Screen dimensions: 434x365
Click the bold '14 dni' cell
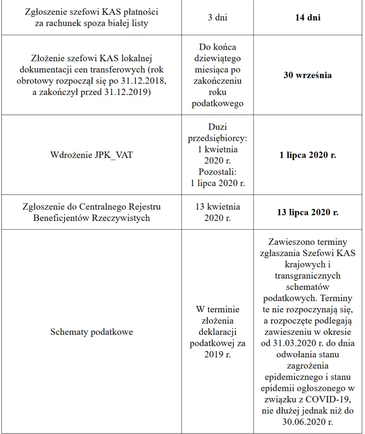pos(307,18)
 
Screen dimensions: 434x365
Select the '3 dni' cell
pos(217,18)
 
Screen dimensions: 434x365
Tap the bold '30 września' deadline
pos(307,75)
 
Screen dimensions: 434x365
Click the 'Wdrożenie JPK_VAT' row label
pos(91,155)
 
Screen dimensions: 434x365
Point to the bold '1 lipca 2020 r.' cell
pos(307,155)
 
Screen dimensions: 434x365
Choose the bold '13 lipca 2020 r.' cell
pos(307,212)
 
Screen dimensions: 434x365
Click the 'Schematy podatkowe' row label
pos(91,331)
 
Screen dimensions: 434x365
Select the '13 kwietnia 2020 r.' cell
pos(217,212)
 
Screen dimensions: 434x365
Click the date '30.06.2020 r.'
pos(307,422)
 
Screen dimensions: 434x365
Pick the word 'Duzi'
pos(217,127)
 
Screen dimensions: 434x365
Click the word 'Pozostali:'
pos(217,172)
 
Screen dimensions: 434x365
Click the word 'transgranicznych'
pos(307,275)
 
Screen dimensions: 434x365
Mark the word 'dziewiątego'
pos(217,58)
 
